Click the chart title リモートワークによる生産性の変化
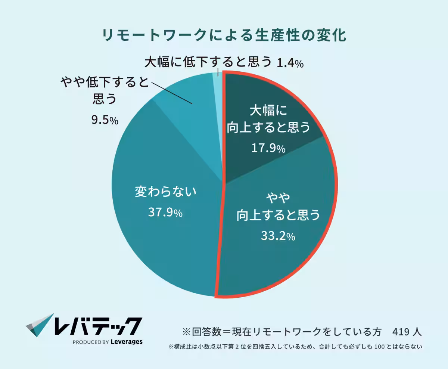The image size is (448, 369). pyautogui.click(x=224, y=36)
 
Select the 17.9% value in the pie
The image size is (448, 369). pyautogui.click(x=268, y=148)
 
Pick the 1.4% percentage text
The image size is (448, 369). pyautogui.click(x=290, y=63)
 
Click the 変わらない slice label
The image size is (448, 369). pyautogui.click(x=165, y=192)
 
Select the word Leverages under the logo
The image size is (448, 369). pyautogui.click(x=127, y=341)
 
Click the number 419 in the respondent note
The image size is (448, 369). pyautogui.click(x=401, y=331)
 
